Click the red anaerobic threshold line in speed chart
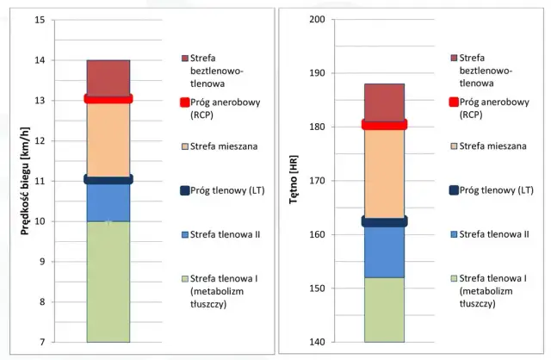click(x=108, y=99)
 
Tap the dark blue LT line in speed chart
click(x=108, y=180)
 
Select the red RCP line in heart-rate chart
click(x=384, y=125)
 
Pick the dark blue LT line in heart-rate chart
click(x=384, y=221)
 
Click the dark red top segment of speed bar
click(x=108, y=78)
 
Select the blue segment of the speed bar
click(x=108, y=202)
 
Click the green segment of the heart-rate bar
click(x=384, y=309)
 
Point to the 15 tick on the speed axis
click(x=40, y=20)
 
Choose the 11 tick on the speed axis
click(x=40, y=181)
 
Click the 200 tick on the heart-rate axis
click(x=317, y=20)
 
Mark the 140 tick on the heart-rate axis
click(x=317, y=342)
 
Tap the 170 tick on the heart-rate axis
click(x=317, y=181)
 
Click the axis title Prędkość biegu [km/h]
click(x=15, y=180)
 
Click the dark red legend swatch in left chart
click(x=183, y=58)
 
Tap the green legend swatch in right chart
click(x=454, y=278)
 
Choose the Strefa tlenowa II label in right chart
click(x=497, y=234)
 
